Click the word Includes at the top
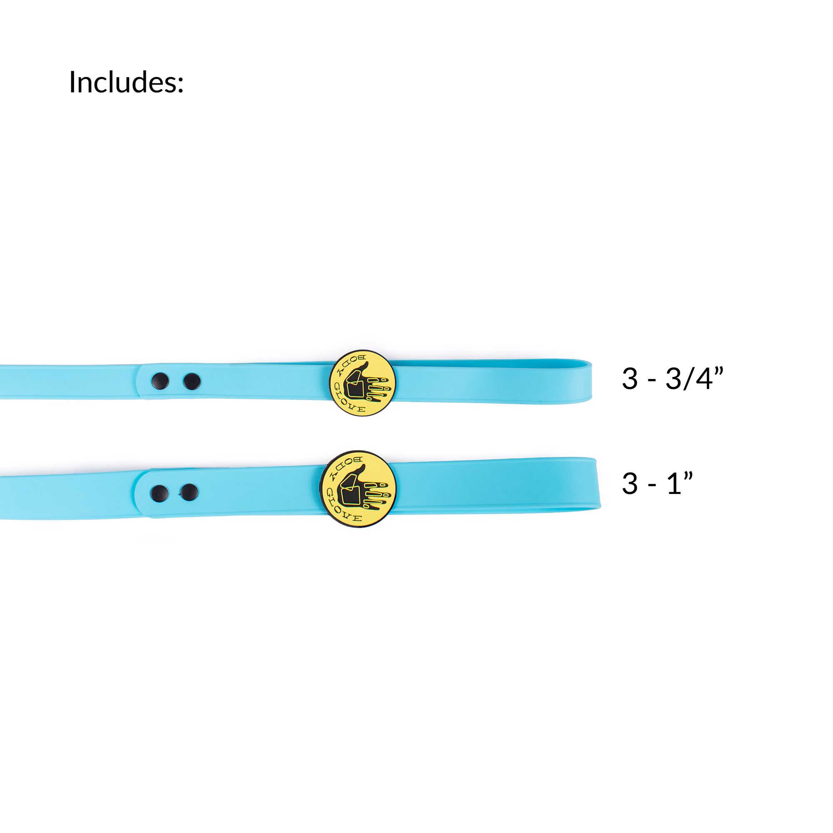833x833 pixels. (126, 82)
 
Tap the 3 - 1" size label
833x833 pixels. (657, 483)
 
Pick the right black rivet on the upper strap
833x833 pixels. (192, 381)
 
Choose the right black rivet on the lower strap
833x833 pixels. (189, 492)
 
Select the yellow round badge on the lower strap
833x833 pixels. (358, 489)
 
